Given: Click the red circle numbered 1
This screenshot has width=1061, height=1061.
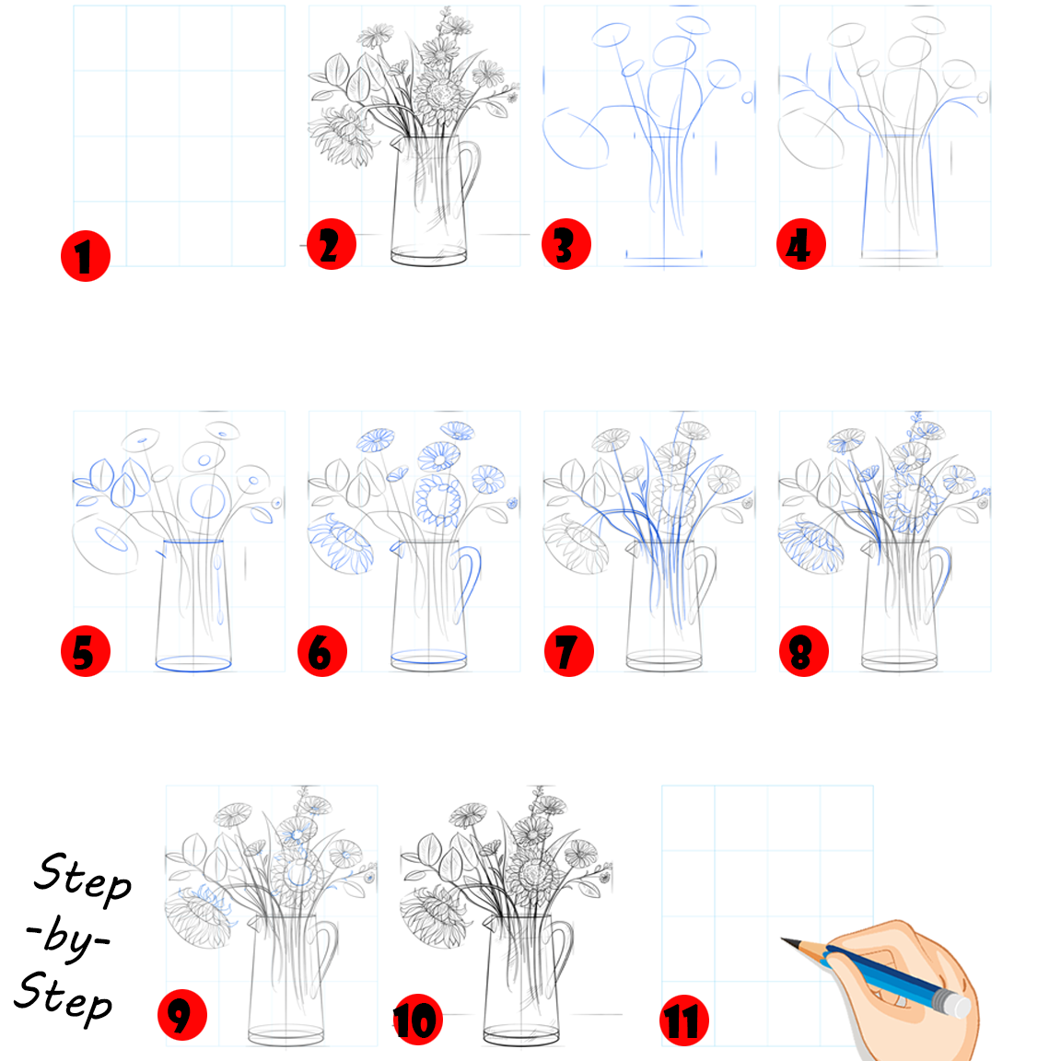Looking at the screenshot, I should pos(86,256).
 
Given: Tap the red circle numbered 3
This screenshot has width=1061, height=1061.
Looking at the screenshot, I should pos(565,245).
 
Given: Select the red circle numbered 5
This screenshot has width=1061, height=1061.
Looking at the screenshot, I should pos(85,651).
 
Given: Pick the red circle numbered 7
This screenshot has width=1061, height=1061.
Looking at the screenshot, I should pos(568,651).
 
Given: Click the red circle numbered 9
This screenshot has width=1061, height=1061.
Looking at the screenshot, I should pos(181,1016).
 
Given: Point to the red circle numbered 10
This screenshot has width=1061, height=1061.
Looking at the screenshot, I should pos(417,1020).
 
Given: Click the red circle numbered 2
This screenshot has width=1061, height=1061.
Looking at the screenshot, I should pos(331,245).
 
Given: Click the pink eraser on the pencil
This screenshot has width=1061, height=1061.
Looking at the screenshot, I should pos(954,1004).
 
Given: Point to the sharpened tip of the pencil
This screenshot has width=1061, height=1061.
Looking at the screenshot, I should pos(786,940).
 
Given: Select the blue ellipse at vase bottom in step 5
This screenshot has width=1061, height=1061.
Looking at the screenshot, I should pos(192,662).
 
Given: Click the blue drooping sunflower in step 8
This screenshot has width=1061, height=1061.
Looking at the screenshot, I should pos(811,546).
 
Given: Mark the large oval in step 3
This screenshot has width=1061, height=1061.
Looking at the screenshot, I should pos(576,138).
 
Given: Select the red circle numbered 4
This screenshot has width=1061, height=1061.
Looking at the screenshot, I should pos(800,245).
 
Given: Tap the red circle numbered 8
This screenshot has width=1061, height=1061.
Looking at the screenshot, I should pos(803,651).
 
